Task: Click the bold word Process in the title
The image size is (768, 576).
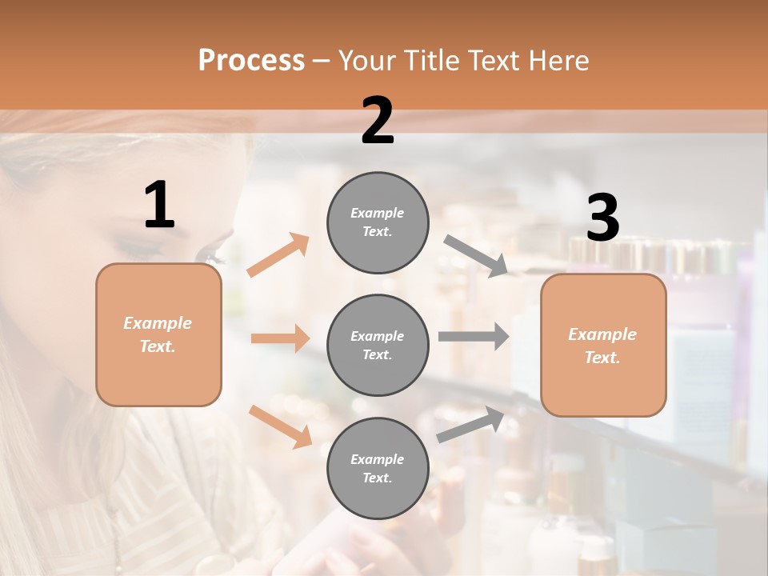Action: [x=251, y=61]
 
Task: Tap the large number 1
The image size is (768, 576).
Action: [x=159, y=206]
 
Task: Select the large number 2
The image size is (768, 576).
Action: [x=378, y=121]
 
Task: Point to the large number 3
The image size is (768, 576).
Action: [x=602, y=218]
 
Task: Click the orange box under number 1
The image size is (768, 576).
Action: [x=158, y=334]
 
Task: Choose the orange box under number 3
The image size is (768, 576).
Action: [x=603, y=345]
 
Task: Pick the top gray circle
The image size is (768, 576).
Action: [x=378, y=222]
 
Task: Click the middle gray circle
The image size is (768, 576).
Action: [x=378, y=345]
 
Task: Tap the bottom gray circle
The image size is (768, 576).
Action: [x=378, y=468]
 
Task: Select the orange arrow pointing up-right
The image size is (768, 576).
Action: [x=278, y=255]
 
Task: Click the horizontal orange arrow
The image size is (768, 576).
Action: [x=280, y=338]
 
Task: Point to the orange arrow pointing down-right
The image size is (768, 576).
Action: [x=280, y=426]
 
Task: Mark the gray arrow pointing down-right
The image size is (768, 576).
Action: [x=476, y=256]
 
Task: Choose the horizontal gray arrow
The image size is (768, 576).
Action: [x=474, y=337]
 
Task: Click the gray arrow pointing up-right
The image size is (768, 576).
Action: [x=471, y=425]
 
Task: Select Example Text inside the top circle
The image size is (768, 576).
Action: [x=378, y=222]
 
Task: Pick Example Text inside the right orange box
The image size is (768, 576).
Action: [x=602, y=346]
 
